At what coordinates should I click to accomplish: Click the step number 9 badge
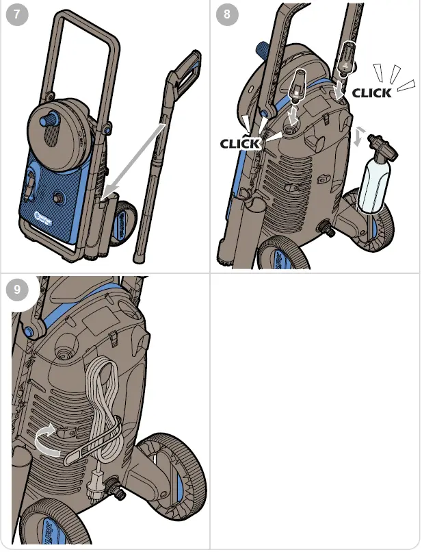(17, 289)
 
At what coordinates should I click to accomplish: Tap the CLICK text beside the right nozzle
(372, 92)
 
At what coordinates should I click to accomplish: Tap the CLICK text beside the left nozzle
(240, 143)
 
